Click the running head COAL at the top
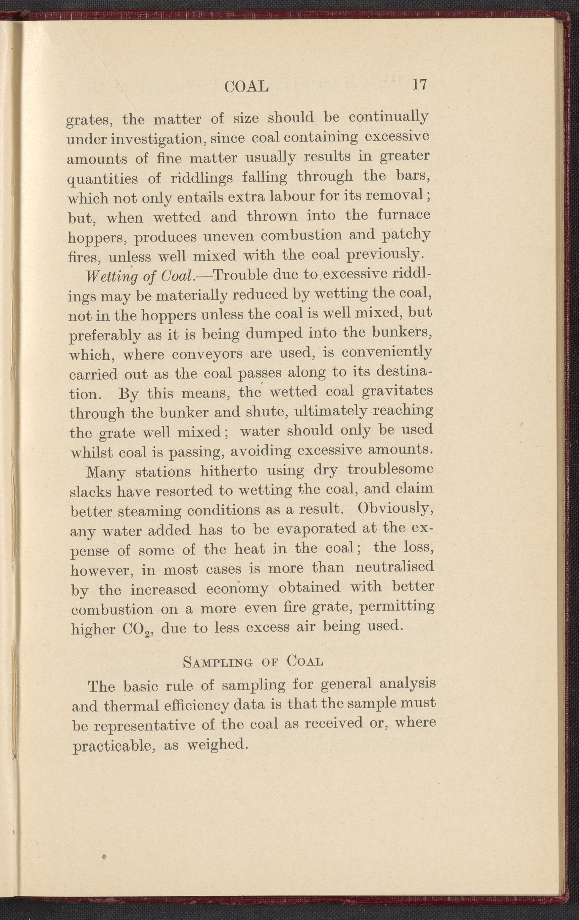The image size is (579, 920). [247, 87]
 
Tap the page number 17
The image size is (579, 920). [419, 84]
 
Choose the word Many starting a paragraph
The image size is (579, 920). [106, 473]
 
